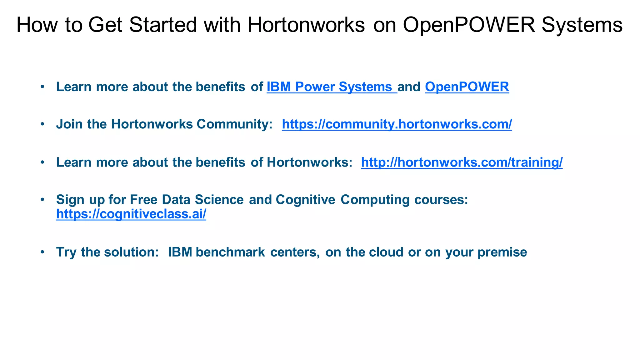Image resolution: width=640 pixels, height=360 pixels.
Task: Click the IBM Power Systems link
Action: [x=331, y=87]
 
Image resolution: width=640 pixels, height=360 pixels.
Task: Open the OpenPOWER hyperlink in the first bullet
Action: [x=467, y=87]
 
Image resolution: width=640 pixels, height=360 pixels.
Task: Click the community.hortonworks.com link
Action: [x=397, y=124]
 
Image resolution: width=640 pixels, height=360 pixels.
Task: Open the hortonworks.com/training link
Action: [x=462, y=162]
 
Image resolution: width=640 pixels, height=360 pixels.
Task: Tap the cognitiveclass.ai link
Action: [x=131, y=214]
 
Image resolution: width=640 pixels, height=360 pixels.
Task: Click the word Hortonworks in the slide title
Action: [x=306, y=25]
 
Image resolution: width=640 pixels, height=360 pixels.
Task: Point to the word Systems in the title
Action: [x=582, y=25]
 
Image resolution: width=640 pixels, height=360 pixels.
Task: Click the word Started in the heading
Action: [x=163, y=25]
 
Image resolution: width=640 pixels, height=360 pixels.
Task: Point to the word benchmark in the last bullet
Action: [x=230, y=252]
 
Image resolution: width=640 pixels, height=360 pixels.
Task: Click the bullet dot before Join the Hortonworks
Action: [x=42, y=124]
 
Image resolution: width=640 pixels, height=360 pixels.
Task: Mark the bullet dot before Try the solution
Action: [x=42, y=252]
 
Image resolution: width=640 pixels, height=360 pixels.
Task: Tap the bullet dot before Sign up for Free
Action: [x=42, y=199]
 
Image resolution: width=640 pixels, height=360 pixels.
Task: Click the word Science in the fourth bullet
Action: [x=219, y=200]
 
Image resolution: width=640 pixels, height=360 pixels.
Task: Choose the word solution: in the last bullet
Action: [x=132, y=252]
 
